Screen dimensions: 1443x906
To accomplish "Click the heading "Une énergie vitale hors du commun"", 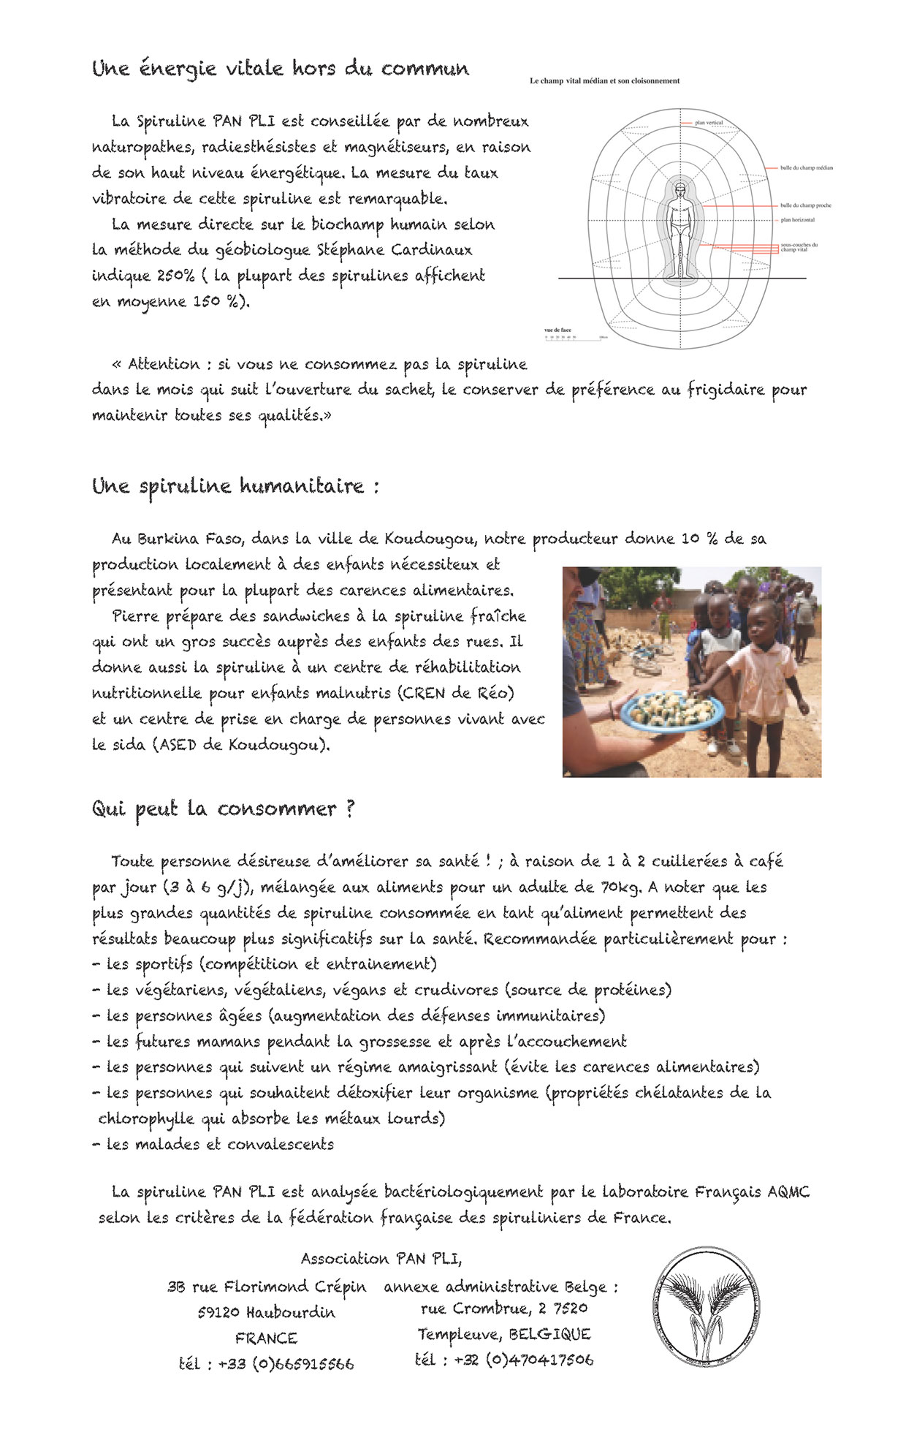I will pyautogui.click(x=281, y=69).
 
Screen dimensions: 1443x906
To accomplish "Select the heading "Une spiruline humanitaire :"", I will pyautogui.click(x=235, y=486).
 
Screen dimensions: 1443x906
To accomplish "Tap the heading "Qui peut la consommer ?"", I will pyautogui.click(x=223, y=808).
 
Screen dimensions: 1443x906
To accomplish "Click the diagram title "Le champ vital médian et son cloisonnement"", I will pyautogui.click(x=604, y=81).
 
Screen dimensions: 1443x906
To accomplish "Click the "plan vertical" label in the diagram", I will pyautogui.click(x=709, y=123).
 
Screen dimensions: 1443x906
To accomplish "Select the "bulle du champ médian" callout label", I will pyautogui.click(x=806, y=168).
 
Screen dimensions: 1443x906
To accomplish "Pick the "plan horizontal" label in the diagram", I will pyautogui.click(x=797, y=219).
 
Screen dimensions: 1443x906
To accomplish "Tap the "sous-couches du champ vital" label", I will pyautogui.click(x=799, y=247).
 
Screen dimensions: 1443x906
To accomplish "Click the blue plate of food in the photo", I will pyautogui.click(x=671, y=709).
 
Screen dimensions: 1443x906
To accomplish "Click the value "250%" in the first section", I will pyautogui.click(x=175, y=276).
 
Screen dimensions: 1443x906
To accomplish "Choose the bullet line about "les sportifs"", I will pyautogui.click(x=264, y=964).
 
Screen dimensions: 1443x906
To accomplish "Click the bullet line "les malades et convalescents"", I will pyautogui.click(x=213, y=1144).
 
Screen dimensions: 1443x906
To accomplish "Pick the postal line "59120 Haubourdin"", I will pyautogui.click(x=266, y=1312).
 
